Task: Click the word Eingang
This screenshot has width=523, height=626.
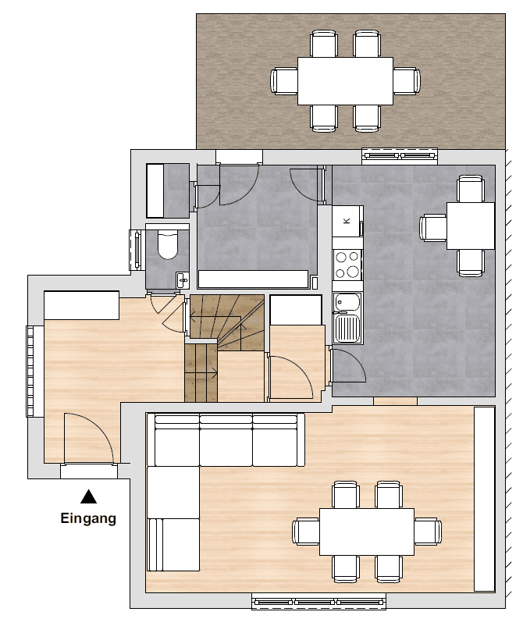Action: (88, 518)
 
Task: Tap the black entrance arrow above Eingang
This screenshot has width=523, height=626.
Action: (89, 496)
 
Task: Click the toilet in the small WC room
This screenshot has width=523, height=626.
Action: (168, 244)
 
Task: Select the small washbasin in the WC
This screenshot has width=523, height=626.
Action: (182, 279)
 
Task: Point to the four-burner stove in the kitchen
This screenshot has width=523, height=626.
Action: (347, 265)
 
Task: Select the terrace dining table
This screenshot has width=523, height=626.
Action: (345, 80)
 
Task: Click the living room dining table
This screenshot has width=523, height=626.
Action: (366, 532)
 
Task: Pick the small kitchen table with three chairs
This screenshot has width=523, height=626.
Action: (471, 226)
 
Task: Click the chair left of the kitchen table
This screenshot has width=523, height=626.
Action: (433, 227)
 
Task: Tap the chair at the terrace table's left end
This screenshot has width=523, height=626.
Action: (284, 80)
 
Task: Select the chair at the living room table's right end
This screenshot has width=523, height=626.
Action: (427, 532)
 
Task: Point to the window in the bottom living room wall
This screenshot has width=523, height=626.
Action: (319, 602)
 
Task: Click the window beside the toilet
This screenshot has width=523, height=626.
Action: (136, 250)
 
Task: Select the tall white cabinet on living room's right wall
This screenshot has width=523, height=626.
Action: (485, 499)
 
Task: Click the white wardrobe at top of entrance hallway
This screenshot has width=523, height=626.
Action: (81, 305)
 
